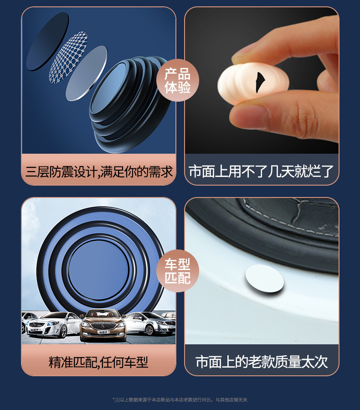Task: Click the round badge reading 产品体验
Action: [178, 81]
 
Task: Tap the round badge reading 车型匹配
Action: [178, 270]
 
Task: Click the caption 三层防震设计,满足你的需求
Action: [99, 172]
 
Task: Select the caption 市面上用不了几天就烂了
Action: [261, 172]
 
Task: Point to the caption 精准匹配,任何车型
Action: [99, 362]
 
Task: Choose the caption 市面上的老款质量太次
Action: [261, 362]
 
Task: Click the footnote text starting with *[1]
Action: [180, 400]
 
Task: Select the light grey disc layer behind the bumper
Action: [87, 73]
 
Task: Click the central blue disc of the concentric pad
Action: [98, 264]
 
